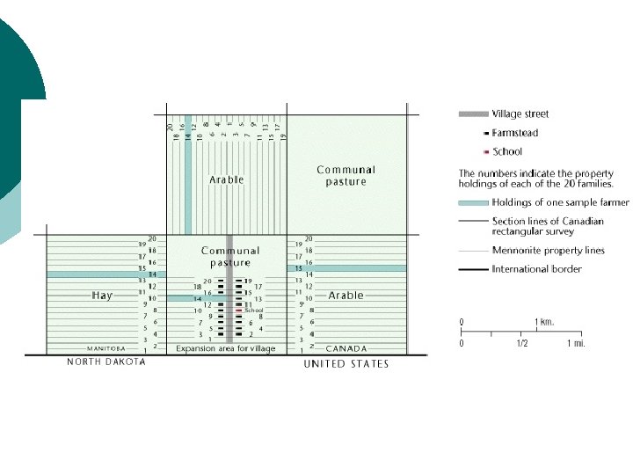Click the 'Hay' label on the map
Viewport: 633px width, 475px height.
102,296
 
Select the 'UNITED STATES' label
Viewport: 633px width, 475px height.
346,363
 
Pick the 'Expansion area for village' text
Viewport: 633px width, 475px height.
225,349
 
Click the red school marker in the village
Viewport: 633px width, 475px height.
239,311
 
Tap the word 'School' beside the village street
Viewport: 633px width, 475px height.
254,311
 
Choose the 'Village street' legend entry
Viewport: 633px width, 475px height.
520,114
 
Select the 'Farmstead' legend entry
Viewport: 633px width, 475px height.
515,133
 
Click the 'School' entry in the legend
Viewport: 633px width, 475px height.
507,151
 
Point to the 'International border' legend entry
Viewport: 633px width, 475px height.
536,269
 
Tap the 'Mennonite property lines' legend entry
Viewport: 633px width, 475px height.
548,251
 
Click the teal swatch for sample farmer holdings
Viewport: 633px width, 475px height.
473,202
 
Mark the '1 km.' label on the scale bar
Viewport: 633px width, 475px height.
544,323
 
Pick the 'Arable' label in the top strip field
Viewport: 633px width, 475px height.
227,179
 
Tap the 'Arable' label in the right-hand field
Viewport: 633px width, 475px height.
346,296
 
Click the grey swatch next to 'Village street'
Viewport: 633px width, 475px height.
473,114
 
